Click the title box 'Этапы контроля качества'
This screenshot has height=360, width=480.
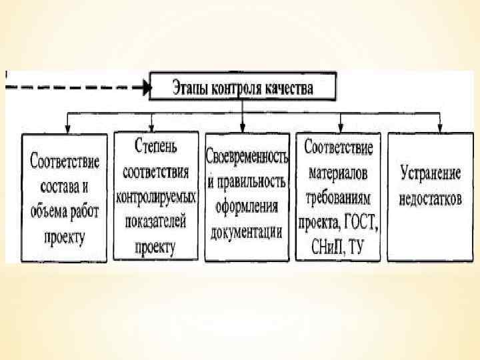(x=242, y=87)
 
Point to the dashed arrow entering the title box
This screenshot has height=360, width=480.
(x=80, y=86)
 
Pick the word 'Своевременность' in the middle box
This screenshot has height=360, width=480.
(x=247, y=157)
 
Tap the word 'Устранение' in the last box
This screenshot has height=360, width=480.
(x=431, y=174)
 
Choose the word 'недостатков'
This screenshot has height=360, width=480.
(x=431, y=199)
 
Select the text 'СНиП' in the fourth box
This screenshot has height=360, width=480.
(x=327, y=244)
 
